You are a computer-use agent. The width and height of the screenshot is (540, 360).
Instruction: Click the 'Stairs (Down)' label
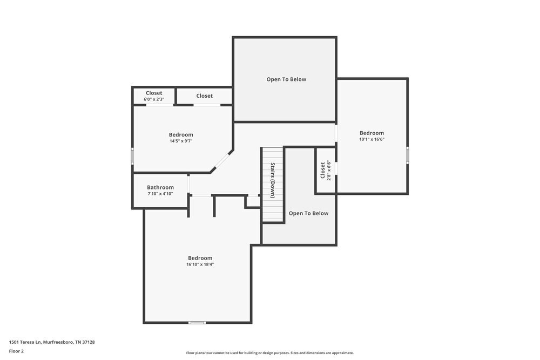[x=273, y=180]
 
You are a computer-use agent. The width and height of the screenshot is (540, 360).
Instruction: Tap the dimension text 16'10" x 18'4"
[x=200, y=264]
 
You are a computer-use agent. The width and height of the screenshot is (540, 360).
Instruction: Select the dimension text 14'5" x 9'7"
[x=181, y=141]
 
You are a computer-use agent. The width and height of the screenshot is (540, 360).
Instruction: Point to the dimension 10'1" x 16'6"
[x=372, y=139]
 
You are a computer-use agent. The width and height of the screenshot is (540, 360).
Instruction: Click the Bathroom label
[x=160, y=187]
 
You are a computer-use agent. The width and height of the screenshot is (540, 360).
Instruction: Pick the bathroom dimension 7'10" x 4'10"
[x=160, y=194]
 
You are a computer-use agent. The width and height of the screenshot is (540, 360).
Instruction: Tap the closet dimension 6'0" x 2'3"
[x=154, y=99]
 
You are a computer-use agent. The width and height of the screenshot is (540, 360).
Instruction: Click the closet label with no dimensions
[x=204, y=96]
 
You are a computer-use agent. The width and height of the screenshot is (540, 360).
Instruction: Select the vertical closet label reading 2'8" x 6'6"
[x=329, y=170]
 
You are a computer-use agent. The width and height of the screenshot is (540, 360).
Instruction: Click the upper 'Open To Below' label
[x=286, y=79]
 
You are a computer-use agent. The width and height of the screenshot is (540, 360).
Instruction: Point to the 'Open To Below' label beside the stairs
[x=308, y=213]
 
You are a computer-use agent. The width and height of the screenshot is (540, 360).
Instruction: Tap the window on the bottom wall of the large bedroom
[x=197, y=323]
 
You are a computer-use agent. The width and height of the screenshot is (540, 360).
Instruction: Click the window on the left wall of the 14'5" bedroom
[x=132, y=156]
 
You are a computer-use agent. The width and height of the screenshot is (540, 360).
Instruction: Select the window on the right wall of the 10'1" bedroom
[x=408, y=154]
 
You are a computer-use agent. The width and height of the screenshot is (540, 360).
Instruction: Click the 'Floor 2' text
[x=16, y=351]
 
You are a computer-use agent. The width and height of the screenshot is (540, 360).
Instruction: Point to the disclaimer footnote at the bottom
[x=269, y=353]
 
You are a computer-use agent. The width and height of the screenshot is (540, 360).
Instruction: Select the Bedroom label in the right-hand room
[x=372, y=133]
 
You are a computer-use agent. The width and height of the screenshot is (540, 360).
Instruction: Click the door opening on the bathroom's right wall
[x=188, y=184]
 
